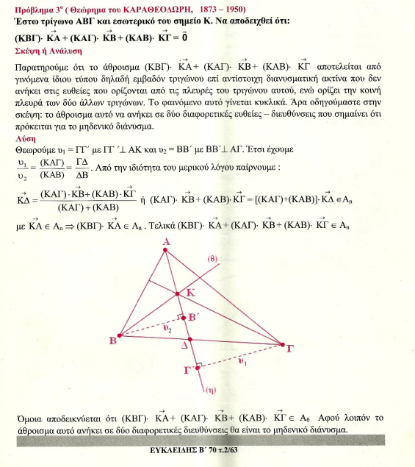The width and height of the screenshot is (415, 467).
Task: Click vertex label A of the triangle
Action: (x=167, y=242)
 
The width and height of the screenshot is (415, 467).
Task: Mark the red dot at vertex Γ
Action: (x=283, y=343)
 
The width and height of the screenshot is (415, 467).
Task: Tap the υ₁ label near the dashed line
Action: (x=242, y=362)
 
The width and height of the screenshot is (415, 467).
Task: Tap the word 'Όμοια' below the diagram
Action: (x=29, y=419)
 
